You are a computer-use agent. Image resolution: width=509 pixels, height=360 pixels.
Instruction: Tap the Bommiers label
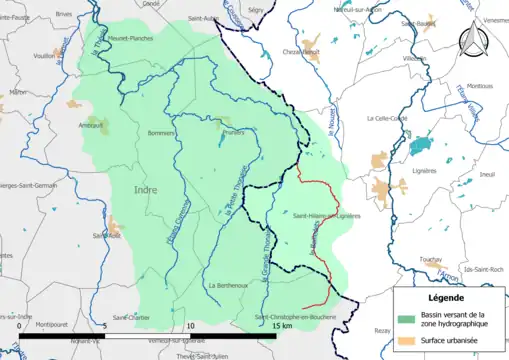161,133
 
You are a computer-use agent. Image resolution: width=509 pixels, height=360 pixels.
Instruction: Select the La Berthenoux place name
229,285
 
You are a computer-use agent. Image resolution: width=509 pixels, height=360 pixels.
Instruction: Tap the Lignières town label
425,170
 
